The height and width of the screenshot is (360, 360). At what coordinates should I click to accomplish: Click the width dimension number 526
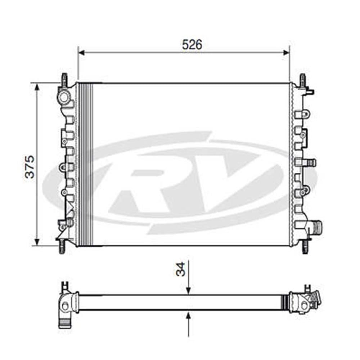click(x=192, y=45)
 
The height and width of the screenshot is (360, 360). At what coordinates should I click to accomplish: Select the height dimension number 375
click(x=30, y=166)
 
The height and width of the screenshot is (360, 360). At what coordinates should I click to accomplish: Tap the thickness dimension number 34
click(x=181, y=269)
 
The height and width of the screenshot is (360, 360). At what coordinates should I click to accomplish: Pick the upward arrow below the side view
click(x=188, y=316)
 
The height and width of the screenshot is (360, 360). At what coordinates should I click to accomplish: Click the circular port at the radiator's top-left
click(x=64, y=97)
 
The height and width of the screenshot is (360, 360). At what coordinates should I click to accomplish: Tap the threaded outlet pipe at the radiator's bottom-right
click(x=317, y=227)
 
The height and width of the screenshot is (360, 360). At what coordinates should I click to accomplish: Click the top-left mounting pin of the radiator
click(x=64, y=79)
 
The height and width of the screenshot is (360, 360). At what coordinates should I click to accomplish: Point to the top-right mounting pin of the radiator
click(x=302, y=80)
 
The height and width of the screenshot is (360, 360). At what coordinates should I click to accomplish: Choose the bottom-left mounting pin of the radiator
click(x=62, y=247)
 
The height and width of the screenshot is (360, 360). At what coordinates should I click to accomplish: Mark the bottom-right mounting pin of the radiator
click(x=305, y=248)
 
